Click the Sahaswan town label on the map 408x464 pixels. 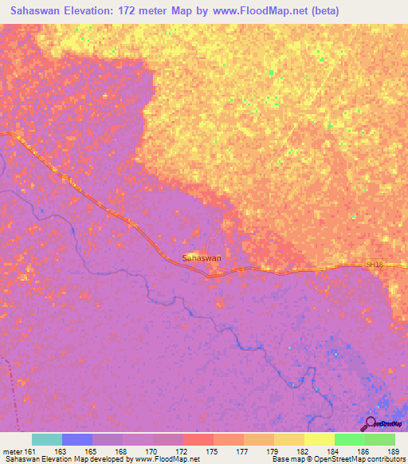click(x=202, y=258)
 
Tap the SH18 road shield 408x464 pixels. click(x=375, y=264)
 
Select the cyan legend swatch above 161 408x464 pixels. click(x=47, y=439)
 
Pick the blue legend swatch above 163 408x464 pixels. click(x=77, y=439)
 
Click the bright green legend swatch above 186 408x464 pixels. click(x=350, y=439)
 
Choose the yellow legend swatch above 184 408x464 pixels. click(x=320, y=439)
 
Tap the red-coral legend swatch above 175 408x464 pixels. click(x=198, y=439)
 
